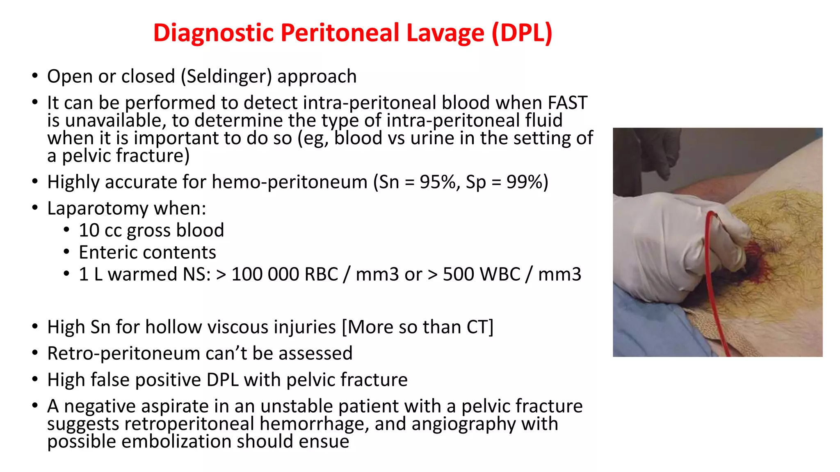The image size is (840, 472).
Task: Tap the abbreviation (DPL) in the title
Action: click(x=522, y=33)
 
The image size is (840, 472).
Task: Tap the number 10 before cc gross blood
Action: click(x=89, y=230)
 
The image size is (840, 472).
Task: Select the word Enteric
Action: click(x=108, y=252)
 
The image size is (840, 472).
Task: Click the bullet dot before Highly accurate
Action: click(x=35, y=182)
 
